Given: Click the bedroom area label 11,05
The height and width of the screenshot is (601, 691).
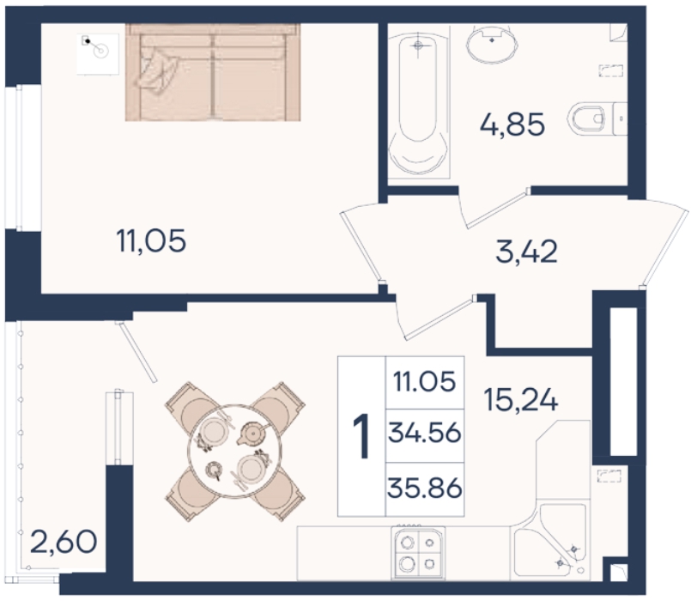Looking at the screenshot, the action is click(151, 241).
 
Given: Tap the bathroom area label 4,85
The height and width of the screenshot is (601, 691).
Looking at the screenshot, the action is click(512, 124).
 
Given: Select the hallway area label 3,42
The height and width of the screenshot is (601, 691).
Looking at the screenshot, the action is click(527, 252).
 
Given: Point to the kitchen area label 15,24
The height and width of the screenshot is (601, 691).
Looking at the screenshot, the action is click(520, 399).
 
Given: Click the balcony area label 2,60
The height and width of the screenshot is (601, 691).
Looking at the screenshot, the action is click(64, 542).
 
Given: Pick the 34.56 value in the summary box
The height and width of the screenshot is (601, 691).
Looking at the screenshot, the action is click(425, 433).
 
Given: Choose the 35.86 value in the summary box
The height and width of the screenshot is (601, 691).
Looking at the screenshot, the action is click(425, 489).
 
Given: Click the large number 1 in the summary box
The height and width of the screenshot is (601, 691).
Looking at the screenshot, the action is click(361, 436).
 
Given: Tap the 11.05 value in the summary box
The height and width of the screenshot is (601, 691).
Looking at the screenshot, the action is click(425, 381).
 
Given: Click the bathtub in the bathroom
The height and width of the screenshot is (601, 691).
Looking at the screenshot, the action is click(418, 102).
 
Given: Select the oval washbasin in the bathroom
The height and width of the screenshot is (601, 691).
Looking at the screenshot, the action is click(492, 43).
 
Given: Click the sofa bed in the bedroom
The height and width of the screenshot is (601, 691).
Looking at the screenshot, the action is click(212, 72).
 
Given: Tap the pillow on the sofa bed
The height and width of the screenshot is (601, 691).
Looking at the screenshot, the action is click(157, 72).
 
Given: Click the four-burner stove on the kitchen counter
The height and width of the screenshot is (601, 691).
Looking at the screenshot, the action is click(418, 553).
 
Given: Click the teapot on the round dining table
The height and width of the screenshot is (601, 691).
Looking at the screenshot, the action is click(252, 434).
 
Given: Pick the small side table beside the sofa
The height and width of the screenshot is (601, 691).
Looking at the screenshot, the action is click(98, 53).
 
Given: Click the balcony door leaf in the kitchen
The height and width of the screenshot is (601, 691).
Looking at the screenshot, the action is click(136, 352).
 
